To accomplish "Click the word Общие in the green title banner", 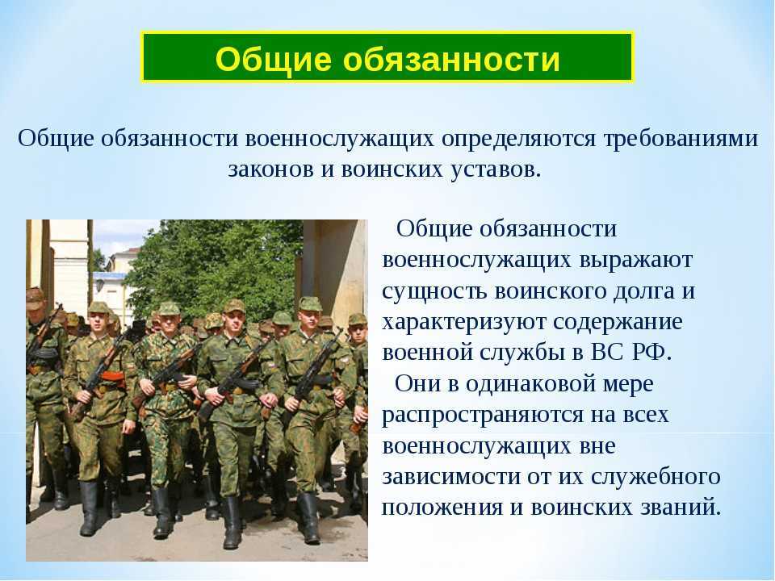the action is pos(274,59).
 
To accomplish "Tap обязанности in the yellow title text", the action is pos(451,59).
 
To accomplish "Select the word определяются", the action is pos(519,140).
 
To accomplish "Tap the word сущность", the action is pos(434,292).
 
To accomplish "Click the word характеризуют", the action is pos(463,323).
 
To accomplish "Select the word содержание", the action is pos(618,323).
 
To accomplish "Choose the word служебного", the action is pos(656,477).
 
